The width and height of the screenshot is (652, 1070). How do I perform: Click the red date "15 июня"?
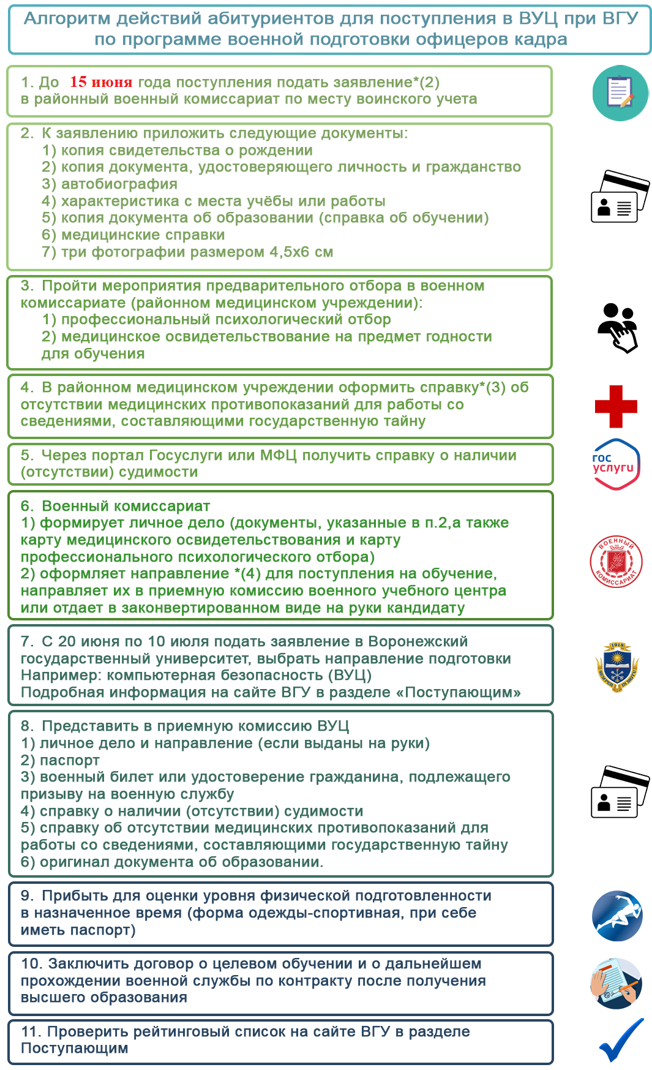click(x=101, y=82)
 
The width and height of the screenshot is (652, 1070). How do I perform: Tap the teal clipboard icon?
click(x=620, y=93)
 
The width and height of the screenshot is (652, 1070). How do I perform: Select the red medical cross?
click(x=616, y=406)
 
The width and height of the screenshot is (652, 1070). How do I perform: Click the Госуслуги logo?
click(x=616, y=464)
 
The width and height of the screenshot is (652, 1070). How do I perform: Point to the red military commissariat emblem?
click(x=616, y=562)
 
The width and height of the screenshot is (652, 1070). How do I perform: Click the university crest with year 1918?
click(x=617, y=666)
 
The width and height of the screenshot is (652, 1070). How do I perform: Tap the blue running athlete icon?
click(x=617, y=916)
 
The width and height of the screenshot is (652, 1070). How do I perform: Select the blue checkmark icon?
click(x=621, y=1040)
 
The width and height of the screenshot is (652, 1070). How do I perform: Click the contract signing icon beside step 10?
click(x=616, y=983)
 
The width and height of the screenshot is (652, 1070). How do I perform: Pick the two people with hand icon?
click(x=617, y=327)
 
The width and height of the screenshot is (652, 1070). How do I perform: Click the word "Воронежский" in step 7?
click(x=418, y=642)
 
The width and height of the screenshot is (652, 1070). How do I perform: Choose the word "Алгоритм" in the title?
click(x=67, y=19)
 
